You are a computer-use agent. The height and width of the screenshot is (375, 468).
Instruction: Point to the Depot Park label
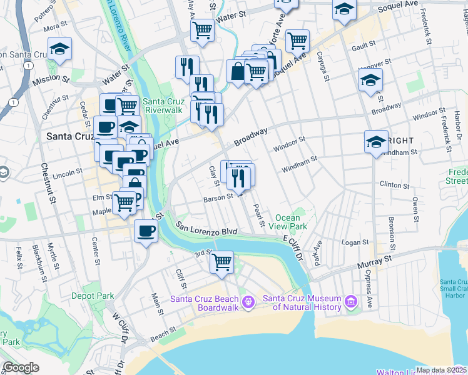point(93,296)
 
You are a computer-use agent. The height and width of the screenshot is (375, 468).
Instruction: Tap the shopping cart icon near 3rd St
point(221,262)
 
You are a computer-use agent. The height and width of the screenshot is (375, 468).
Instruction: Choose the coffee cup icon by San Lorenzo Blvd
point(146,231)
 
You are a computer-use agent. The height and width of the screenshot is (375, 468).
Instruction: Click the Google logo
point(21,367)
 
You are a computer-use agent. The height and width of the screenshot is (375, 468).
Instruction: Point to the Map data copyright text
point(441,370)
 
